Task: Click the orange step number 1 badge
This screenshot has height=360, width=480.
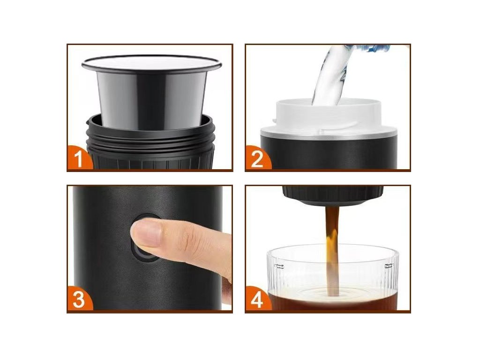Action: pyautogui.click(x=78, y=158)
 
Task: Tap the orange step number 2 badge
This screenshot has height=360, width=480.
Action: pyautogui.click(x=257, y=158)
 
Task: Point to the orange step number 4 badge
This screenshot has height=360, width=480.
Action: pyautogui.click(x=257, y=299)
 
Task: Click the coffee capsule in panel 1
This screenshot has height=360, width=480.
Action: pyautogui.click(x=151, y=92)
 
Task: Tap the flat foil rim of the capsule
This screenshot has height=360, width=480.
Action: pyautogui.click(x=151, y=63)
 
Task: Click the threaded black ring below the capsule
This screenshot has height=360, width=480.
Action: pyautogui.click(x=150, y=135)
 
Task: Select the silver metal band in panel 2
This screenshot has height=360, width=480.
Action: pyautogui.click(x=329, y=134)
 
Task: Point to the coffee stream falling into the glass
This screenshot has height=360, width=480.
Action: pyautogui.click(x=332, y=251)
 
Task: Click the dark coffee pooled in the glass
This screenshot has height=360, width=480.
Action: pyautogui.click(x=332, y=301)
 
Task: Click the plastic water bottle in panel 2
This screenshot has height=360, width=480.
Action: pyautogui.click(x=367, y=48)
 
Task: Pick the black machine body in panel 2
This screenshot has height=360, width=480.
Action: pyautogui.click(x=329, y=153)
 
